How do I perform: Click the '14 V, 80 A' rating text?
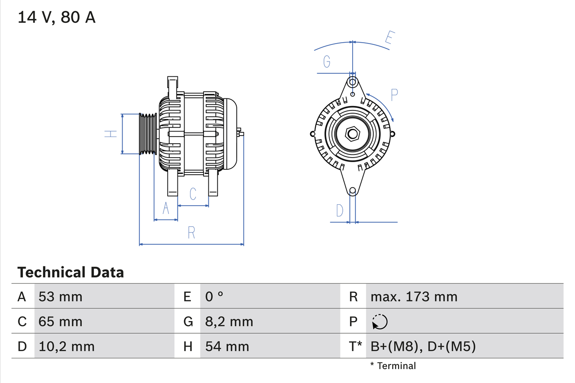pyautogui.click(x=57, y=18)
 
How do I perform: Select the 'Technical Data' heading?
pyautogui.click(x=71, y=272)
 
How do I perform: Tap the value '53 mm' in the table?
pyautogui.click(x=61, y=296)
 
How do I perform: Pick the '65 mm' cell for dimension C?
pyautogui.click(x=61, y=321)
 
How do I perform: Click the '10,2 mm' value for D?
pyautogui.click(x=66, y=346)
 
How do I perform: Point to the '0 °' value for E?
pyautogui.click(x=214, y=296)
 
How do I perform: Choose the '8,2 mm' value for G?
pyautogui.click(x=229, y=321)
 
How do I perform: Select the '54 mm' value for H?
pyautogui.click(x=227, y=346)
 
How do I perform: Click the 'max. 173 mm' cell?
pyautogui.click(x=414, y=296)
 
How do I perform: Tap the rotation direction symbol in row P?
pyautogui.click(x=380, y=322)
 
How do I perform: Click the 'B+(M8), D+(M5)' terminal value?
pyautogui.click(x=423, y=346)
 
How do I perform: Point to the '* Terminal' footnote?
pyautogui.click(x=393, y=366)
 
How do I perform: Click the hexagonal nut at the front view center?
pyautogui.click(x=353, y=134)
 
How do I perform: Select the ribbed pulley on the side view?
pyautogui.click(x=147, y=134)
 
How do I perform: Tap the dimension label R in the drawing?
pyautogui.click(x=191, y=233)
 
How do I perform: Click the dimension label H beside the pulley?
pyautogui.click(x=111, y=134)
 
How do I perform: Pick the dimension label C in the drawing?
pyautogui.click(x=193, y=194)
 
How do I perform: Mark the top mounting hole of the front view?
pyautogui.click(x=353, y=82)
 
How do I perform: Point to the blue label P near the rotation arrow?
pyautogui.click(x=394, y=95)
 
